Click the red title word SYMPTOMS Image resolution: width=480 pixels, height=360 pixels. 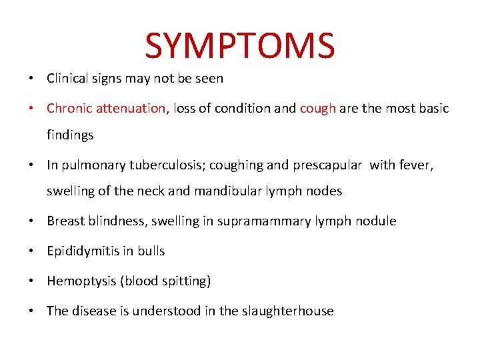click(240, 45)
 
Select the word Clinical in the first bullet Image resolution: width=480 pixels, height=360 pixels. click(66, 78)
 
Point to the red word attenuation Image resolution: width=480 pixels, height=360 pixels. click(130, 108)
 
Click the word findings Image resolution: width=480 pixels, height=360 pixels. click(70, 135)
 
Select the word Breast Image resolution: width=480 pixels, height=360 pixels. click(65, 221)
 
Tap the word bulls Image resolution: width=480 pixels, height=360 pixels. click(150, 251)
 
